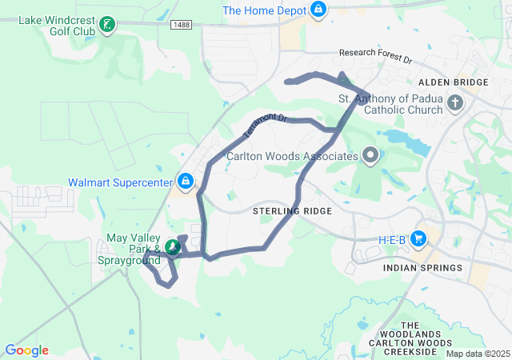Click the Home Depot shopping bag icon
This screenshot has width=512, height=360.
[319, 10]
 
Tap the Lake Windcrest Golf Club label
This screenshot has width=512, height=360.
[53, 24]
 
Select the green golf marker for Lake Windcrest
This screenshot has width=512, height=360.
[106, 25]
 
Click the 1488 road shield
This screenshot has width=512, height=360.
[181, 26]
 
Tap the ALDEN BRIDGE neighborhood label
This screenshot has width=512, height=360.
[453, 82]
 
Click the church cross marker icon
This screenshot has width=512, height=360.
[455, 102]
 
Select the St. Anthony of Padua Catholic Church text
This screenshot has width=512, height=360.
[390, 105]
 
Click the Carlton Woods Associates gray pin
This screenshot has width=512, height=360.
[370, 154]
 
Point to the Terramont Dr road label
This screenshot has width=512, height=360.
[264, 122]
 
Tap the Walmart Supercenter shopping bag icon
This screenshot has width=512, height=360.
[186, 182]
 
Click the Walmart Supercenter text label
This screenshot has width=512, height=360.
[120, 182]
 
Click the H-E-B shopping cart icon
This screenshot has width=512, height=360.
[418, 238]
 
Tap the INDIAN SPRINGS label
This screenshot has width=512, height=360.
[422, 268]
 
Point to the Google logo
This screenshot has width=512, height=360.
[26, 350]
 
